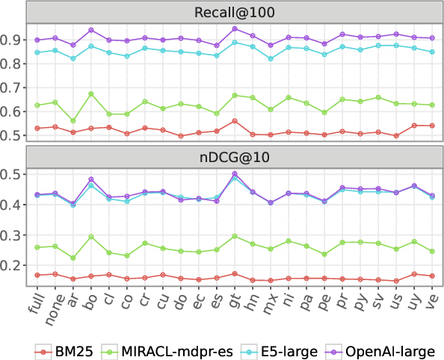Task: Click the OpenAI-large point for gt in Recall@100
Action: click(235, 28)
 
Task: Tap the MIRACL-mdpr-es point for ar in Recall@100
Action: click(73, 120)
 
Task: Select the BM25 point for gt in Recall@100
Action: click(235, 121)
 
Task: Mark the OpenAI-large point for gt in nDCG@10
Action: click(235, 173)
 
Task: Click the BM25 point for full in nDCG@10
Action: click(37, 276)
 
